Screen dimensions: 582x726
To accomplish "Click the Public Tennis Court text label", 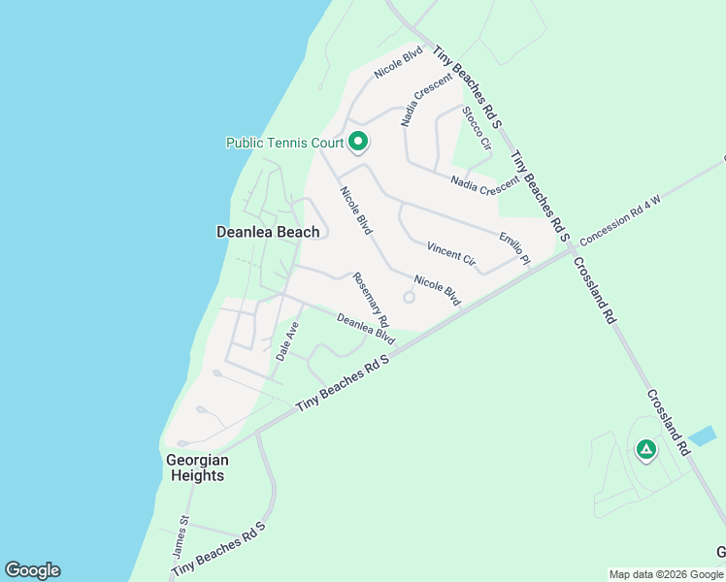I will coord(284,143).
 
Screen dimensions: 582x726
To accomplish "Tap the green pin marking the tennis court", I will coord(357,143).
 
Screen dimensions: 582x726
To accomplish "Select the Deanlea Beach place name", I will coord(267,232).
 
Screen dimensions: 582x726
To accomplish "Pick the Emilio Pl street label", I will coord(514,248).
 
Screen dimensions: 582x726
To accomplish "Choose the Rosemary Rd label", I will coord(371,299).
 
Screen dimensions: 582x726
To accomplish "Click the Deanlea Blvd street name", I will coord(366,329).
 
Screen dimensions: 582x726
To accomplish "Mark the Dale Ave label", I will coord(287,341).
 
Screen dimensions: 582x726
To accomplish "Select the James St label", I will coord(181,534).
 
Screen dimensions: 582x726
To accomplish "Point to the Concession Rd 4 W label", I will coord(620,220).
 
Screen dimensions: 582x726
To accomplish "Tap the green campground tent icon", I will coord(645,449).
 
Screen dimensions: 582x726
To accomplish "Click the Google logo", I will coord(32,570).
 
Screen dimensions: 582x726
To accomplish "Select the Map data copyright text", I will coord(666,574).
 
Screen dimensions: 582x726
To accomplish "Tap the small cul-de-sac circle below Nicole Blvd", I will coord(409,298).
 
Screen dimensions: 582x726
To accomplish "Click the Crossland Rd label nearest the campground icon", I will coord(667,422).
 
